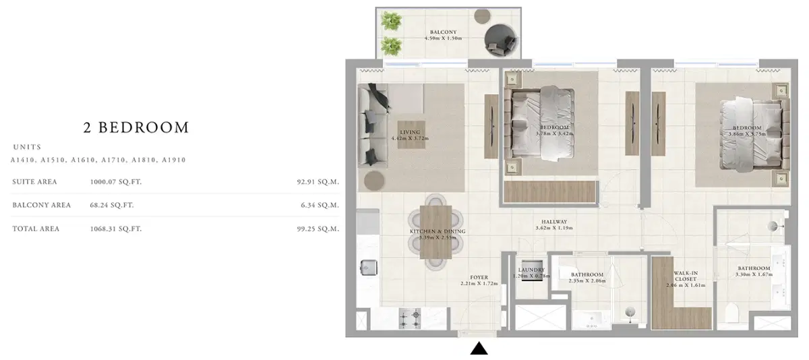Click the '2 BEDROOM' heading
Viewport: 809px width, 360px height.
tap(136, 127)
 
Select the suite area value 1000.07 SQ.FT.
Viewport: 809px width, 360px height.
tap(115, 182)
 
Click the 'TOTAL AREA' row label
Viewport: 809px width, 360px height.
tap(36, 229)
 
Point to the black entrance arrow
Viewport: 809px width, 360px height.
tap(479, 349)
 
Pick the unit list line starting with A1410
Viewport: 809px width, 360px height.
tap(98, 160)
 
